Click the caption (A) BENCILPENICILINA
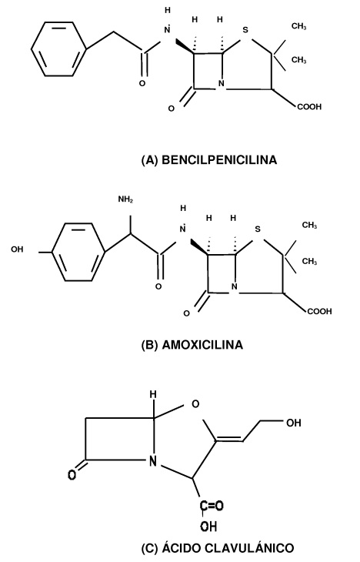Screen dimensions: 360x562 coord(209,160)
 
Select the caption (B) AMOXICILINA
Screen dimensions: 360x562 coord(192,345)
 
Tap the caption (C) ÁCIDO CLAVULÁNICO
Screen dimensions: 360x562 coord(218,548)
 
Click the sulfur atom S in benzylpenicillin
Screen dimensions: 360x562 coord(245,30)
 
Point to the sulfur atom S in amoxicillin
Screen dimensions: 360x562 coord(258,229)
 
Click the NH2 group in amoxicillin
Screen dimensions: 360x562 coord(125,199)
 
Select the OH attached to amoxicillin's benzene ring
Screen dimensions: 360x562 coord(17,249)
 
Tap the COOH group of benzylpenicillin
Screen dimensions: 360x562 coord(309,107)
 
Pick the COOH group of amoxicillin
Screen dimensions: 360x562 coord(319,312)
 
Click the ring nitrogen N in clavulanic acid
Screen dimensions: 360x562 coord(153,461)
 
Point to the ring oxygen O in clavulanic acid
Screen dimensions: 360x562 coord(195,404)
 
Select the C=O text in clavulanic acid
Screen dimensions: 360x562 coord(212,506)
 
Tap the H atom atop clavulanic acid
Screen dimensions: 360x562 coord(153,394)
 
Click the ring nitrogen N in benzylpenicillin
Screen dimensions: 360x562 coord(221,84)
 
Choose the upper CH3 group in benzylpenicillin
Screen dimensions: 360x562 coord(298,26)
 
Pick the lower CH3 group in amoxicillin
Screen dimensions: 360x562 coord(309,261)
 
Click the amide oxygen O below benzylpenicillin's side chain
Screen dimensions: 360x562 coord(142,83)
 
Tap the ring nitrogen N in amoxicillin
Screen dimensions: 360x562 coord(234,286)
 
